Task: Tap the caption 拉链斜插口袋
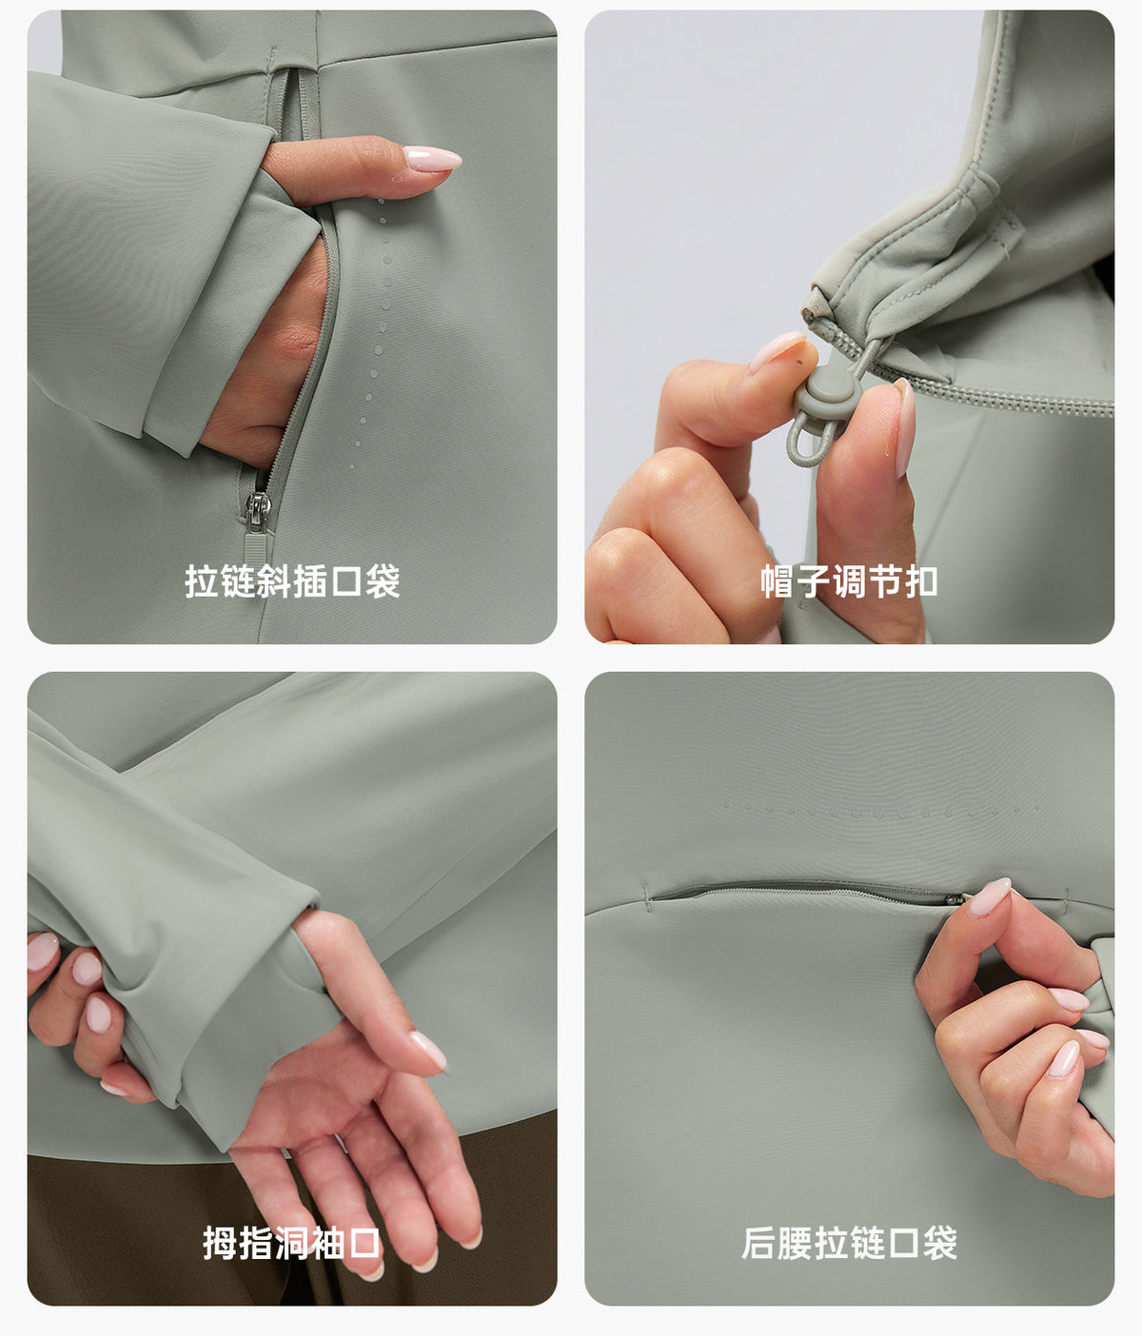tap(292, 581)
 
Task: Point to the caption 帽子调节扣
tap(849, 581)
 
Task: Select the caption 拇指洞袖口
tap(291, 1243)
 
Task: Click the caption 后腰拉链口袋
tap(849, 1243)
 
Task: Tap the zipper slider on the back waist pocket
tap(955, 897)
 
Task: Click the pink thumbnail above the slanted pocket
tap(432, 159)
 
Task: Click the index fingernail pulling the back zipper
tap(990, 896)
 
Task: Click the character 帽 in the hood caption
tap(778, 581)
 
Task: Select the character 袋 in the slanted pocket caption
tap(382, 581)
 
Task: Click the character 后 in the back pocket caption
tap(758, 1243)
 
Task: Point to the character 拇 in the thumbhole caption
tap(220, 1243)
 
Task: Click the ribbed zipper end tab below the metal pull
tap(256, 547)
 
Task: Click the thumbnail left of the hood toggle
tap(777, 351)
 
